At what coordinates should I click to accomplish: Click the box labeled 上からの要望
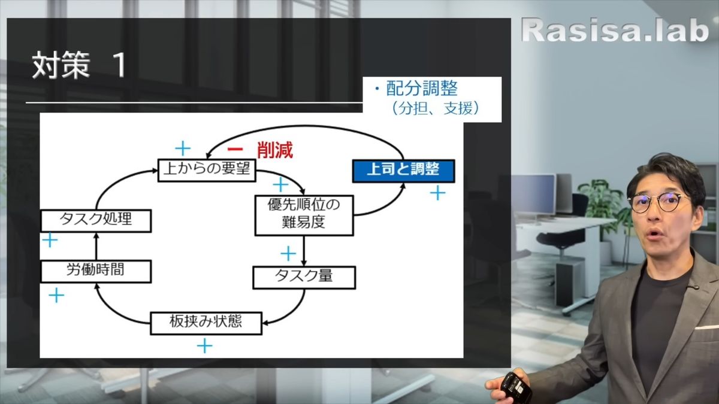(207, 170)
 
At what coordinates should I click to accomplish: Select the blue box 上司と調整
(403, 170)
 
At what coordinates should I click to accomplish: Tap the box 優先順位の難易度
(303, 214)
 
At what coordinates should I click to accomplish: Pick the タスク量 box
(304, 277)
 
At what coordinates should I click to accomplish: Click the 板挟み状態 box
(206, 323)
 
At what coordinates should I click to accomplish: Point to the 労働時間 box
(95, 271)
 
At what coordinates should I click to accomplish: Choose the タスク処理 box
(95, 220)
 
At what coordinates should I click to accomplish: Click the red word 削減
(275, 150)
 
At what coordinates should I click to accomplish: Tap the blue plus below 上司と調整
(438, 193)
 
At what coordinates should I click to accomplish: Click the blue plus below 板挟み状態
(204, 345)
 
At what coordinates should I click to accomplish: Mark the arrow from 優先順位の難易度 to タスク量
(304, 251)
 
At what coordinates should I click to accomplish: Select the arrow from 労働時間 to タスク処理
(95, 246)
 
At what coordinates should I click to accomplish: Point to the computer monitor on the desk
(533, 195)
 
